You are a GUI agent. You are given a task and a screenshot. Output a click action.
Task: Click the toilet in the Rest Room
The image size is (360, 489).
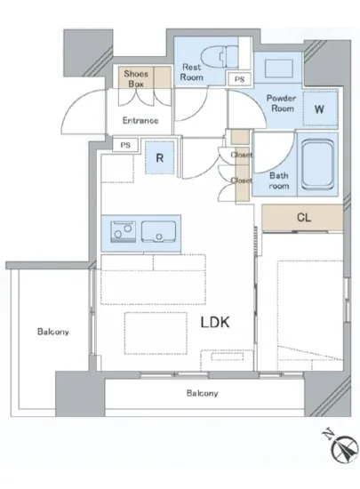click(220, 56)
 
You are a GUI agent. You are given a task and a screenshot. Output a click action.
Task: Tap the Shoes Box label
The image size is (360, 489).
click(136, 78)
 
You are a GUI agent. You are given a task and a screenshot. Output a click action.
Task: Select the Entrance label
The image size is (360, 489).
click(140, 120)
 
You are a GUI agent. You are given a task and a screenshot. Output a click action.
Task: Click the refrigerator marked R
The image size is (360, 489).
click(160, 157)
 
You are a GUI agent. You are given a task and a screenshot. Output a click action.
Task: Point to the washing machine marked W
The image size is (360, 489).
click(320, 108)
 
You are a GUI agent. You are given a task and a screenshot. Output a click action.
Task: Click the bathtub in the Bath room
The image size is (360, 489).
click(317, 164)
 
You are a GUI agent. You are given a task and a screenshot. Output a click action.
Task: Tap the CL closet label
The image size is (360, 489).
click(304, 217)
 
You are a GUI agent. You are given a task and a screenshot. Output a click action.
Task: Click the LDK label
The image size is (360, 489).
click(215, 322)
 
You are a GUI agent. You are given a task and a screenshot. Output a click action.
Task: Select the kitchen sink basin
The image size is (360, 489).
click(158, 232)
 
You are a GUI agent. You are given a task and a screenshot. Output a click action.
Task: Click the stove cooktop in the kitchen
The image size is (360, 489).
click(124, 232)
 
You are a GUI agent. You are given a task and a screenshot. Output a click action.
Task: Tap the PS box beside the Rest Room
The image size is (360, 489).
click(239, 79)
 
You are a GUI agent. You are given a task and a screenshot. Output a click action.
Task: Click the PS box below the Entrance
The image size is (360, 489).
click(125, 145)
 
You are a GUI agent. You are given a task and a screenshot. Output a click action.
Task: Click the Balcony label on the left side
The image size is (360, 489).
click(53, 332)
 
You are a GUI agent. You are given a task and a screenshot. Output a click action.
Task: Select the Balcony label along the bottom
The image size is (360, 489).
click(203, 393)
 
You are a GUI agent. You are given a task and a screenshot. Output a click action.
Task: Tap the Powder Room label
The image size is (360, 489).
click(282, 103)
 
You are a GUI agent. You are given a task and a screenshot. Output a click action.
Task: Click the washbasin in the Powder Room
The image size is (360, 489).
click(278, 68)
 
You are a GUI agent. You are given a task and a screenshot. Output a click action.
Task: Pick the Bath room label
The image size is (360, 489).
click(279, 180)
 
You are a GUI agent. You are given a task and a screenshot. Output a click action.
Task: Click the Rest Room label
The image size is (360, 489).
click(192, 72)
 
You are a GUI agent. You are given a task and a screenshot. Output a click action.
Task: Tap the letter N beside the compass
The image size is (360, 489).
click(327, 435)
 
